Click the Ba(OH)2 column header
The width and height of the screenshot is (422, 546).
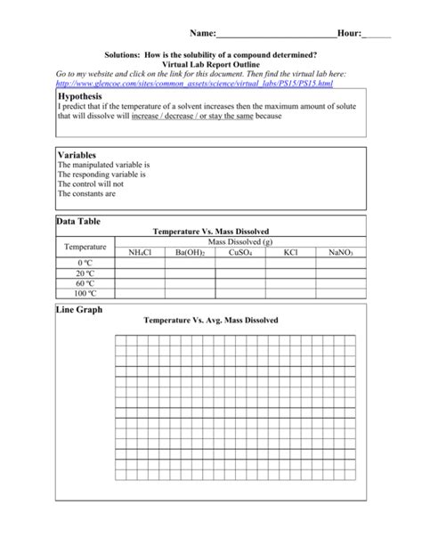pos(190,253)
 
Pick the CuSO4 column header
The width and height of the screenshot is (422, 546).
pos(239,253)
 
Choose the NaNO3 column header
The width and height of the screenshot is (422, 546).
pos(340,253)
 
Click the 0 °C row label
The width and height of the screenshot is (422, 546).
pos(85,264)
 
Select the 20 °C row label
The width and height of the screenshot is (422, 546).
pos(85,273)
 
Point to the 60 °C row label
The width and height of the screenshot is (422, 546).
pos(85,282)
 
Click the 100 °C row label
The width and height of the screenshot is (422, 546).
pos(85,292)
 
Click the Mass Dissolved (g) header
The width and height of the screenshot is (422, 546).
pos(240,242)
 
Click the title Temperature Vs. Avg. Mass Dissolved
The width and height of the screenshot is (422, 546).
pos(211,319)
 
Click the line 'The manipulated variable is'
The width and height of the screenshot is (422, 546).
pos(103,165)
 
